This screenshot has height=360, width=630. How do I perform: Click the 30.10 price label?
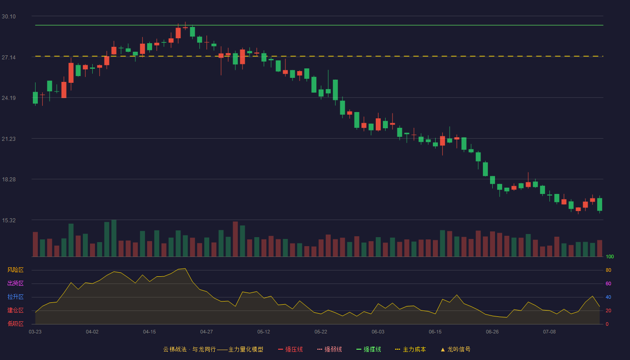click(9, 17)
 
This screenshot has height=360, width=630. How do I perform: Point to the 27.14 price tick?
click(9, 58)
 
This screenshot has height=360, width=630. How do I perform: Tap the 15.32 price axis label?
click(9, 220)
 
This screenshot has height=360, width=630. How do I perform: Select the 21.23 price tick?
click(9, 139)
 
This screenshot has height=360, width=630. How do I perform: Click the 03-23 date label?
click(35, 332)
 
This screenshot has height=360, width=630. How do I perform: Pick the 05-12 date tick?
click(264, 332)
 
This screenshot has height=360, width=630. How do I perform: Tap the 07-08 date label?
click(549, 332)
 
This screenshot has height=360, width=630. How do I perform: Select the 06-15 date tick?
click(435, 332)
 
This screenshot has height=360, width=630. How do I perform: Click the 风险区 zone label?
click(15, 270)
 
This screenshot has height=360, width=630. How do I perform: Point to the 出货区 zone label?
click(15, 283)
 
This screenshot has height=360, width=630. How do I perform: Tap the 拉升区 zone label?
click(15, 297)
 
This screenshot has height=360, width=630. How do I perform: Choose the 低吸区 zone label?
click(15, 324)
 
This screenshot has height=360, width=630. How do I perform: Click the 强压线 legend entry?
click(290, 349)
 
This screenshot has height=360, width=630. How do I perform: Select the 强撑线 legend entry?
click(369, 349)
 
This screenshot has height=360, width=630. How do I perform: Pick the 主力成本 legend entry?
click(410, 349)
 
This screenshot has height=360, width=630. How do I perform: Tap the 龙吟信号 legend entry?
click(455, 349)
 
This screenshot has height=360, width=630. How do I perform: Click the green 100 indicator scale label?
click(610, 256)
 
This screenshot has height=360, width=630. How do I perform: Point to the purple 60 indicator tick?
click(608, 283)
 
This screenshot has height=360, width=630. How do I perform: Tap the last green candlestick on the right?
click(599, 204)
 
